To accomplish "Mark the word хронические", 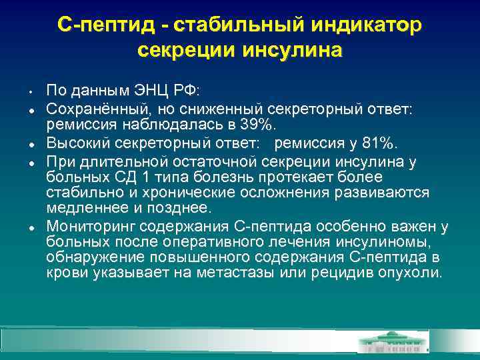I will pos(175,193).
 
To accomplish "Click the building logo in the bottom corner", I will pos(394,341).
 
